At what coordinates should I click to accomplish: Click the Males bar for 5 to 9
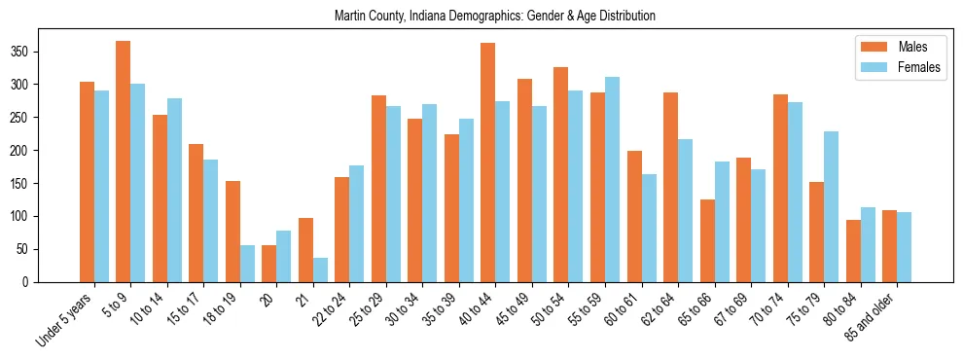(124, 162)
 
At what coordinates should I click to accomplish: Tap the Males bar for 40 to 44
(488, 162)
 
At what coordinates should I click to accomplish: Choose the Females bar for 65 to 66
(722, 222)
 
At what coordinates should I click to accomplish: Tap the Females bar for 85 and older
(905, 247)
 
